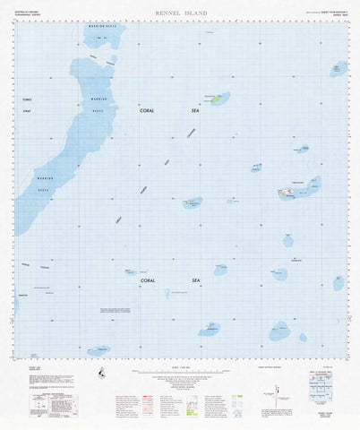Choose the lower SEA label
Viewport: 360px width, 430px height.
[x=196, y=281]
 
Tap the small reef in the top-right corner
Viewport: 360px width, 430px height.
[x=339, y=68]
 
